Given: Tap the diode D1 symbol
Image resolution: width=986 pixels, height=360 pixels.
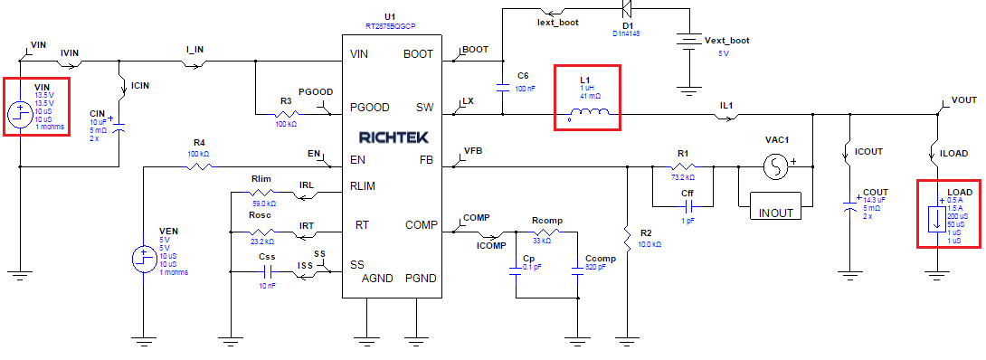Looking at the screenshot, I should coord(624,11).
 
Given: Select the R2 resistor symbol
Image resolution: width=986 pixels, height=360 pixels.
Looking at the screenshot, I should coord(626,238).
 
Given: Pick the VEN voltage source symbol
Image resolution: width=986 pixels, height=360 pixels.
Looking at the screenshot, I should coord(142,259).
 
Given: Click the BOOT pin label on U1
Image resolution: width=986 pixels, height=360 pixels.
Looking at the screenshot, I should coord(418,54).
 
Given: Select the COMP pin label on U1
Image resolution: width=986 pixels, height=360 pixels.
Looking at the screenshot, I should coord(421,225).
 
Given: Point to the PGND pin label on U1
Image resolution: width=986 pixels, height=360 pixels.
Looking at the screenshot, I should coord(421,278).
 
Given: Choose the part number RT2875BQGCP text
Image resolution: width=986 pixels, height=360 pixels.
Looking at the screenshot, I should coord(390,27).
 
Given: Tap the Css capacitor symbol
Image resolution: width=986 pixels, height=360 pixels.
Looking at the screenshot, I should coord(267,270).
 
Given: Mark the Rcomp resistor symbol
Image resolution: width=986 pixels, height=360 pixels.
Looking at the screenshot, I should coord(547,233).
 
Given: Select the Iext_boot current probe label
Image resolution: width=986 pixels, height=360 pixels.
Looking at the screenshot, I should coord(557,22).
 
